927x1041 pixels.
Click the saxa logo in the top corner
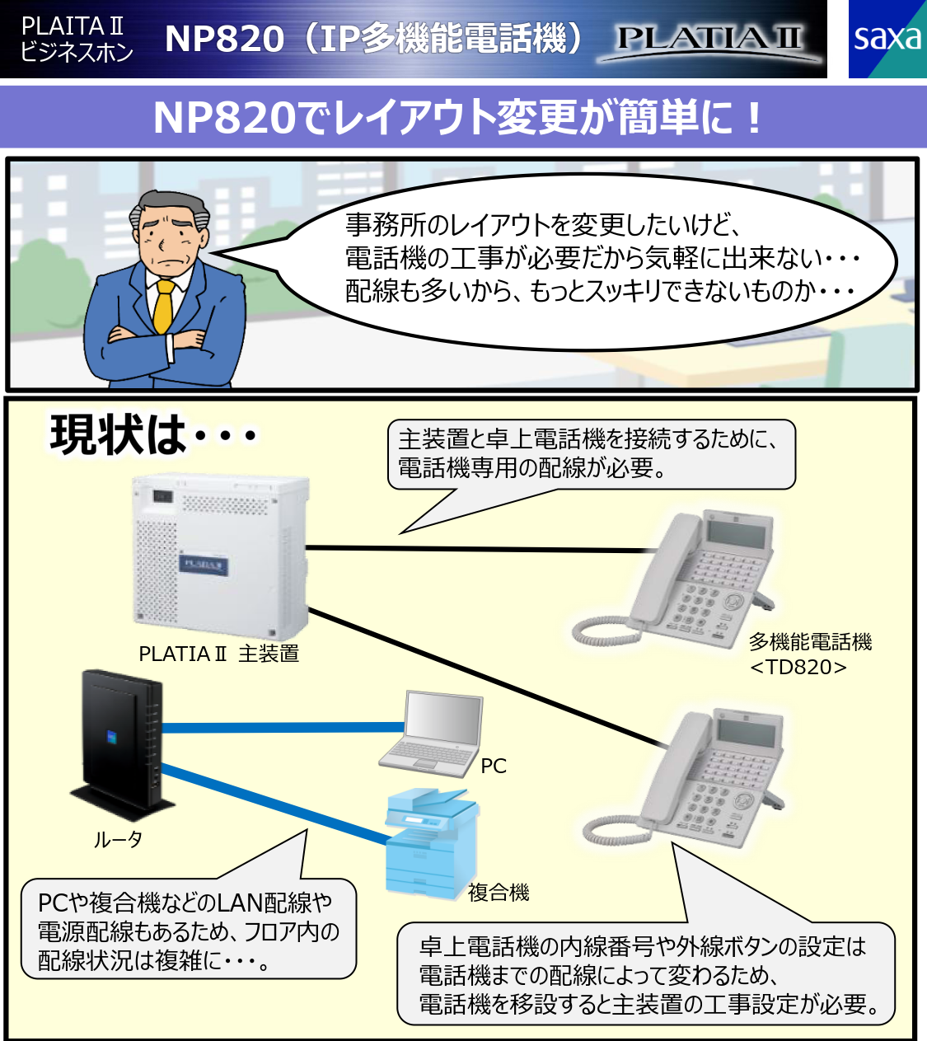(887, 39)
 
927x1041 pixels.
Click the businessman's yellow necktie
(164, 308)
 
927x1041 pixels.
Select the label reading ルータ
(117, 840)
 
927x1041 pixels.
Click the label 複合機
(499, 892)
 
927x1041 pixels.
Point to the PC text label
(493, 766)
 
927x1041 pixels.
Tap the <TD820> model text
(798, 666)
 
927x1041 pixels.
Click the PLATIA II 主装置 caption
(218, 654)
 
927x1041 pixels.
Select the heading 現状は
(119, 434)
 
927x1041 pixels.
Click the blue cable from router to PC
(280, 727)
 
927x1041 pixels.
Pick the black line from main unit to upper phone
(470, 549)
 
